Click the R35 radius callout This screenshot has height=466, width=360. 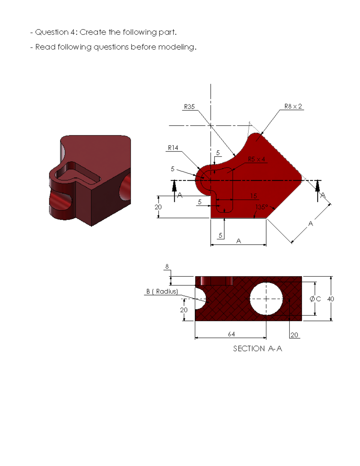pos(189,107)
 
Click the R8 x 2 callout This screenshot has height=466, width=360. pos(293,106)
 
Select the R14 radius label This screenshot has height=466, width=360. pos(173,148)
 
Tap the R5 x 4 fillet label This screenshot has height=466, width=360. pos(256,159)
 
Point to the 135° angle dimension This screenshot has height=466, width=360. pos(262,207)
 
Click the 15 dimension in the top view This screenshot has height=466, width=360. pos(253,196)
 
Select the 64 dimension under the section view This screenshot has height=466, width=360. pos(231,334)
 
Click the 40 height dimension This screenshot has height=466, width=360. pos(331,299)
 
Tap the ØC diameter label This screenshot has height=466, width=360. pos(315,299)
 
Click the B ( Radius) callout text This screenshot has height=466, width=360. pos(162,291)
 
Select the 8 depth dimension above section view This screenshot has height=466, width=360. pos(167,266)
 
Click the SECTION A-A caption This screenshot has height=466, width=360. pos(257,348)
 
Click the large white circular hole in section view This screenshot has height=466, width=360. pos(266,299)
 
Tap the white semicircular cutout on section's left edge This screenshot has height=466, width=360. pos(199,299)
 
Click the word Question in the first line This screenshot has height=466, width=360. pos(52,32)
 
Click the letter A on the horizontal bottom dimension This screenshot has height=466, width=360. pos(238,241)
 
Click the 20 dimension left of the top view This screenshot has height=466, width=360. pos(158,207)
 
